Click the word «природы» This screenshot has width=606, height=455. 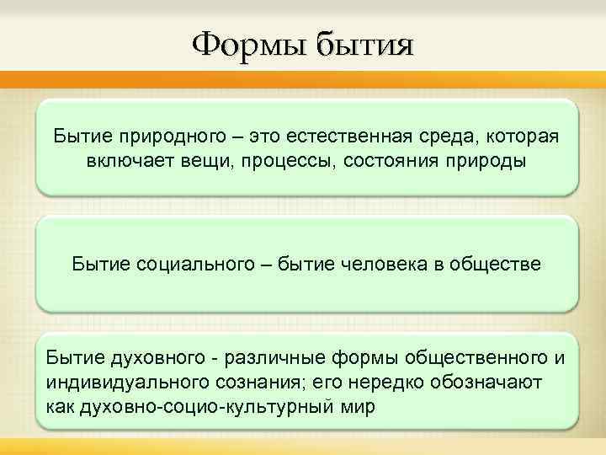(484, 160)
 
